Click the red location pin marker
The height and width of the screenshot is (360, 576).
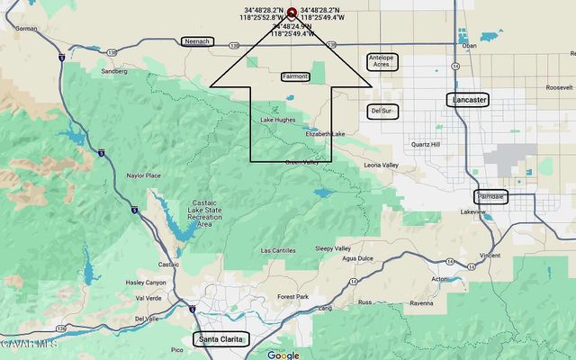pos(292,13)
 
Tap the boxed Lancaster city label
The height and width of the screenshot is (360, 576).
pos(468,100)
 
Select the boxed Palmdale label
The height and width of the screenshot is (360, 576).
pos(491,196)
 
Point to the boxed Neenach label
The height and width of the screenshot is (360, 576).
pos(195,41)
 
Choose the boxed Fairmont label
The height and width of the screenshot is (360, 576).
pos(296,76)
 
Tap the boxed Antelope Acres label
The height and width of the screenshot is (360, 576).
pos(382,60)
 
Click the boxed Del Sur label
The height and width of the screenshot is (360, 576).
pos(382,111)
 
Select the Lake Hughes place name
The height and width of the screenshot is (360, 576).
pos(278,120)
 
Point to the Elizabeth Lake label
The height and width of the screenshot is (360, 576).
pos(325,134)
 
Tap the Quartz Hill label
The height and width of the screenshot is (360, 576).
pos(426,144)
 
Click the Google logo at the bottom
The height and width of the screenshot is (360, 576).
pos(283,355)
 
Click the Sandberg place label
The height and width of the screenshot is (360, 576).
pos(114,70)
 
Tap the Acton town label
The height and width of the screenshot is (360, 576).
pos(442,279)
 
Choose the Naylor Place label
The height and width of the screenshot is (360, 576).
pos(143,175)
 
